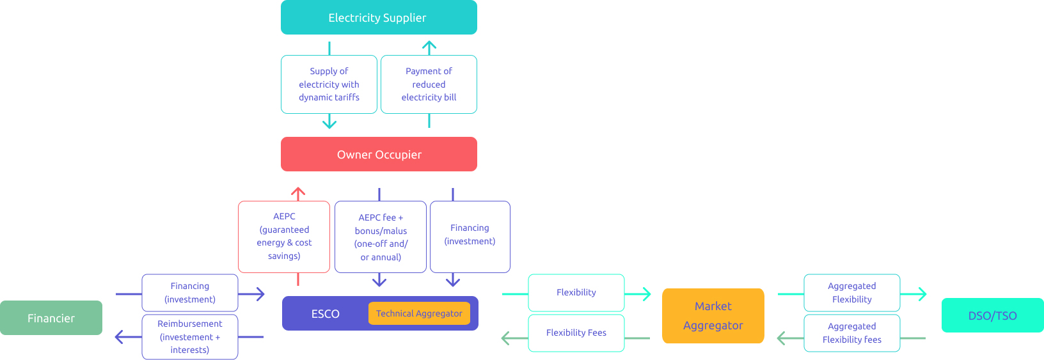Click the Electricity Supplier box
[379, 17]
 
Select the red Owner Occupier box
[379, 154]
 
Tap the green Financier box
[51, 318]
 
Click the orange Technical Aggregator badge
[419, 313]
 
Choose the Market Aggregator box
[713, 316]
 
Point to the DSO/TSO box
[992, 315]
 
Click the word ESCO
[325, 314]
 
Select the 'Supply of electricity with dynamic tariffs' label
[329, 84]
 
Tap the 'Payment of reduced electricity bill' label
[429, 84]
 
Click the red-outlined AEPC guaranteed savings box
[284, 237]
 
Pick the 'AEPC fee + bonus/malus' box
[381, 237]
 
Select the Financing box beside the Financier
[190, 293]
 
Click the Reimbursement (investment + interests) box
[190, 337]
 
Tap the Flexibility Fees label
[576, 333]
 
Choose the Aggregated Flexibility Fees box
[851, 333]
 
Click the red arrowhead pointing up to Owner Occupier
[298, 191]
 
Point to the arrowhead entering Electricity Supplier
[429, 46]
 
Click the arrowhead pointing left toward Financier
[119, 337]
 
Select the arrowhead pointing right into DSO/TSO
[922, 294]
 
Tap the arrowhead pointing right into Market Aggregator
[647, 294]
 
